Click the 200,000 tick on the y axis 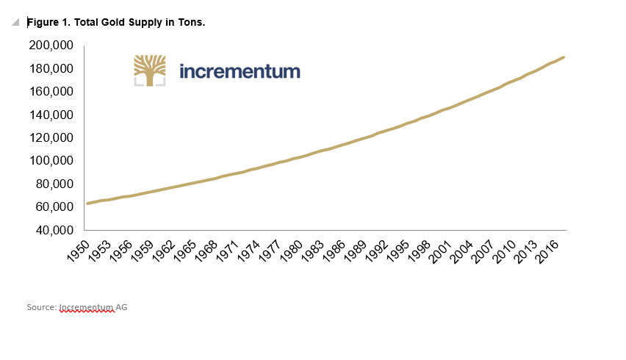[x=51, y=46]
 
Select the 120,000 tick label [x=51, y=137]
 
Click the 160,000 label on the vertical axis [x=51, y=92]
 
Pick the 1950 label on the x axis [x=79, y=251]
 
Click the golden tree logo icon [x=149, y=71]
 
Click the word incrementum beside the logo [x=240, y=71]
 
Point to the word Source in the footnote [x=41, y=307]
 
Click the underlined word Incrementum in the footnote [x=86, y=307]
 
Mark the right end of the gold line [x=564, y=57]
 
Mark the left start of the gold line [x=87, y=204]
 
